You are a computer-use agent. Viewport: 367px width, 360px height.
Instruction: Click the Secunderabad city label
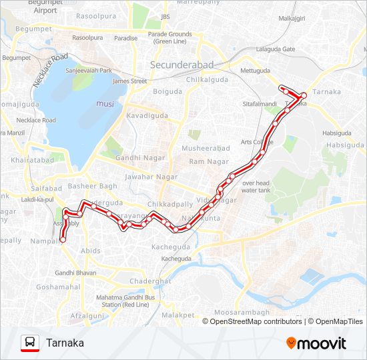click(181, 65)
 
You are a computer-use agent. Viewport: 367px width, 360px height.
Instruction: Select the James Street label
click(129, 81)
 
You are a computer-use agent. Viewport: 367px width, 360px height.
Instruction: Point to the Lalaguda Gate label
click(275, 49)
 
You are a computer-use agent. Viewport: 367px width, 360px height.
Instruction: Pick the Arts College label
click(253, 141)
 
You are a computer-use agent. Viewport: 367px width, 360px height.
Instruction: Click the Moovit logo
click(316, 343)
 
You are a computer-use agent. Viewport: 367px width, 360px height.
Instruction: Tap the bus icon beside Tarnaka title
click(30, 343)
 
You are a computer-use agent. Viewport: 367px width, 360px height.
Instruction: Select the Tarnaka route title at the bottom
click(65, 343)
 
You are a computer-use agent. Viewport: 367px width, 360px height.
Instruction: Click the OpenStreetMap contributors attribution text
click(256, 321)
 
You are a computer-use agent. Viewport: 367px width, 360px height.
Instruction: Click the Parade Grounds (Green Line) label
click(169, 37)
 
